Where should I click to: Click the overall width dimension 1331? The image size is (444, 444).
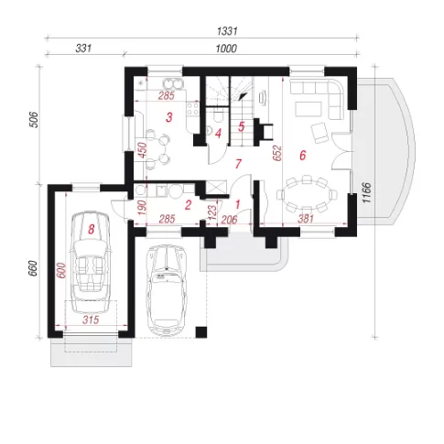pyautogui.click(x=227, y=31)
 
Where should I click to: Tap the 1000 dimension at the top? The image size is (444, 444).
pyautogui.click(x=226, y=49)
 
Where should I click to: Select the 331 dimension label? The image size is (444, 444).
pyautogui.click(x=83, y=49)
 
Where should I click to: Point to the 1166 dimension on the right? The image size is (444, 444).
pyautogui.click(x=366, y=192)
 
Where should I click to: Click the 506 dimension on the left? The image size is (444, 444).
pyautogui.click(x=35, y=120)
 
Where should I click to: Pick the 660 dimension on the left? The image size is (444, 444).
pyautogui.click(x=33, y=268)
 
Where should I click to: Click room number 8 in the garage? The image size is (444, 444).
pyautogui.click(x=91, y=229)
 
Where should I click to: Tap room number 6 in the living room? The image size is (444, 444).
pyautogui.click(x=302, y=156)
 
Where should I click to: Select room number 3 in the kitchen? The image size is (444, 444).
pyautogui.click(x=169, y=117)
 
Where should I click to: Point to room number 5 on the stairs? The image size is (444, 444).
pyautogui.click(x=242, y=126)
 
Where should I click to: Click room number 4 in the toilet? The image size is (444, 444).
pyautogui.click(x=218, y=134)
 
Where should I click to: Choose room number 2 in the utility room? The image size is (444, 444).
pyautogui.click(x=188, y=205)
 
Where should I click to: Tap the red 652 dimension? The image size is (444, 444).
pyautogui.click(x=277, y=153)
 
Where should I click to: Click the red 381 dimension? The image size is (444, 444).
pyautogui.click(x=306, y=218)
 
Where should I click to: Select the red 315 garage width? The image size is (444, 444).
pyautogui.click(x=91, y=319)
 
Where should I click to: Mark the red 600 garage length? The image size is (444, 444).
pyautogui.click(x=61, y=270)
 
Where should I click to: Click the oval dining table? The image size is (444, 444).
pyautogui.click(x=307, y=194)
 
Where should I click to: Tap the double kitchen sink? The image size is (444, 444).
pyautogui.click(x=173, y=83)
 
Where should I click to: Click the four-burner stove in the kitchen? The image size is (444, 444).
pyautogui.click(x=193, y=109)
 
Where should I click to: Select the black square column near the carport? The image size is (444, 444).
pyautogui.click(x=201, y=332)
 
